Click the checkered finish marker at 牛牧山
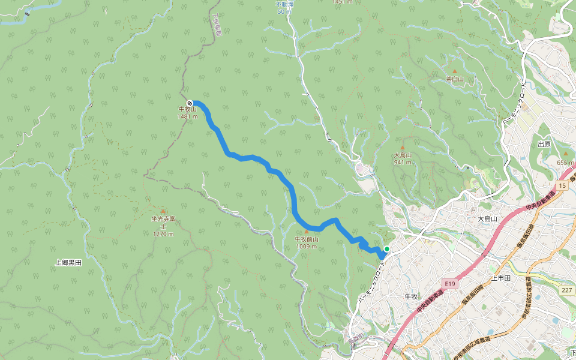tap(190, 103)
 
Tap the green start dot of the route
tap(386, 249)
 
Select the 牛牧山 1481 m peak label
tap(187, 113)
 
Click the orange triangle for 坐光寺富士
tap(163, 211)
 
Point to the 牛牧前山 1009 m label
tap(306, 242)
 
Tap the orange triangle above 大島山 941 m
tap(403, 148)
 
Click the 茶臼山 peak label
tap(455, 79)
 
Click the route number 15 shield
tap(562, 186)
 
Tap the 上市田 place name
tap(500, 278)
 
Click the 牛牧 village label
tap(411, 296)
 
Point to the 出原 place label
tap(544, 144)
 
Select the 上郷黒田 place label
tap(68, 262)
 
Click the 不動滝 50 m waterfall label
tap(284, 8)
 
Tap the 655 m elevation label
tap(566, 163)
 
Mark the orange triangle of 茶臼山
tap(454, 71)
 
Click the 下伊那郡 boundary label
tap(217, 24)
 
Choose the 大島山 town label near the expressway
tap(488, 219)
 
